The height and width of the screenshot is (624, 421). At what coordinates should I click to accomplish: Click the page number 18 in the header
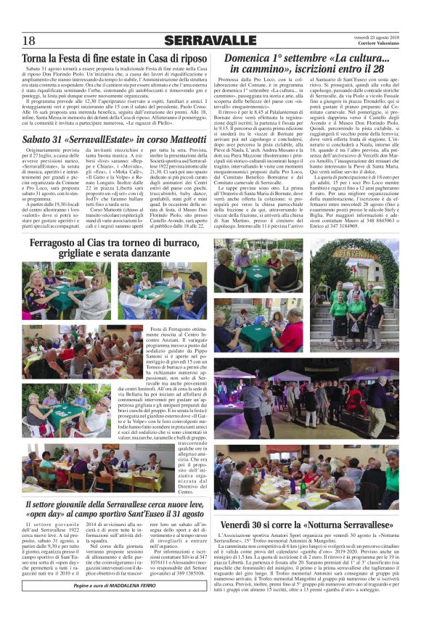(29, 40)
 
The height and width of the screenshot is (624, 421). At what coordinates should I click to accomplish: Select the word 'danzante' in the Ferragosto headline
(160, 257)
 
